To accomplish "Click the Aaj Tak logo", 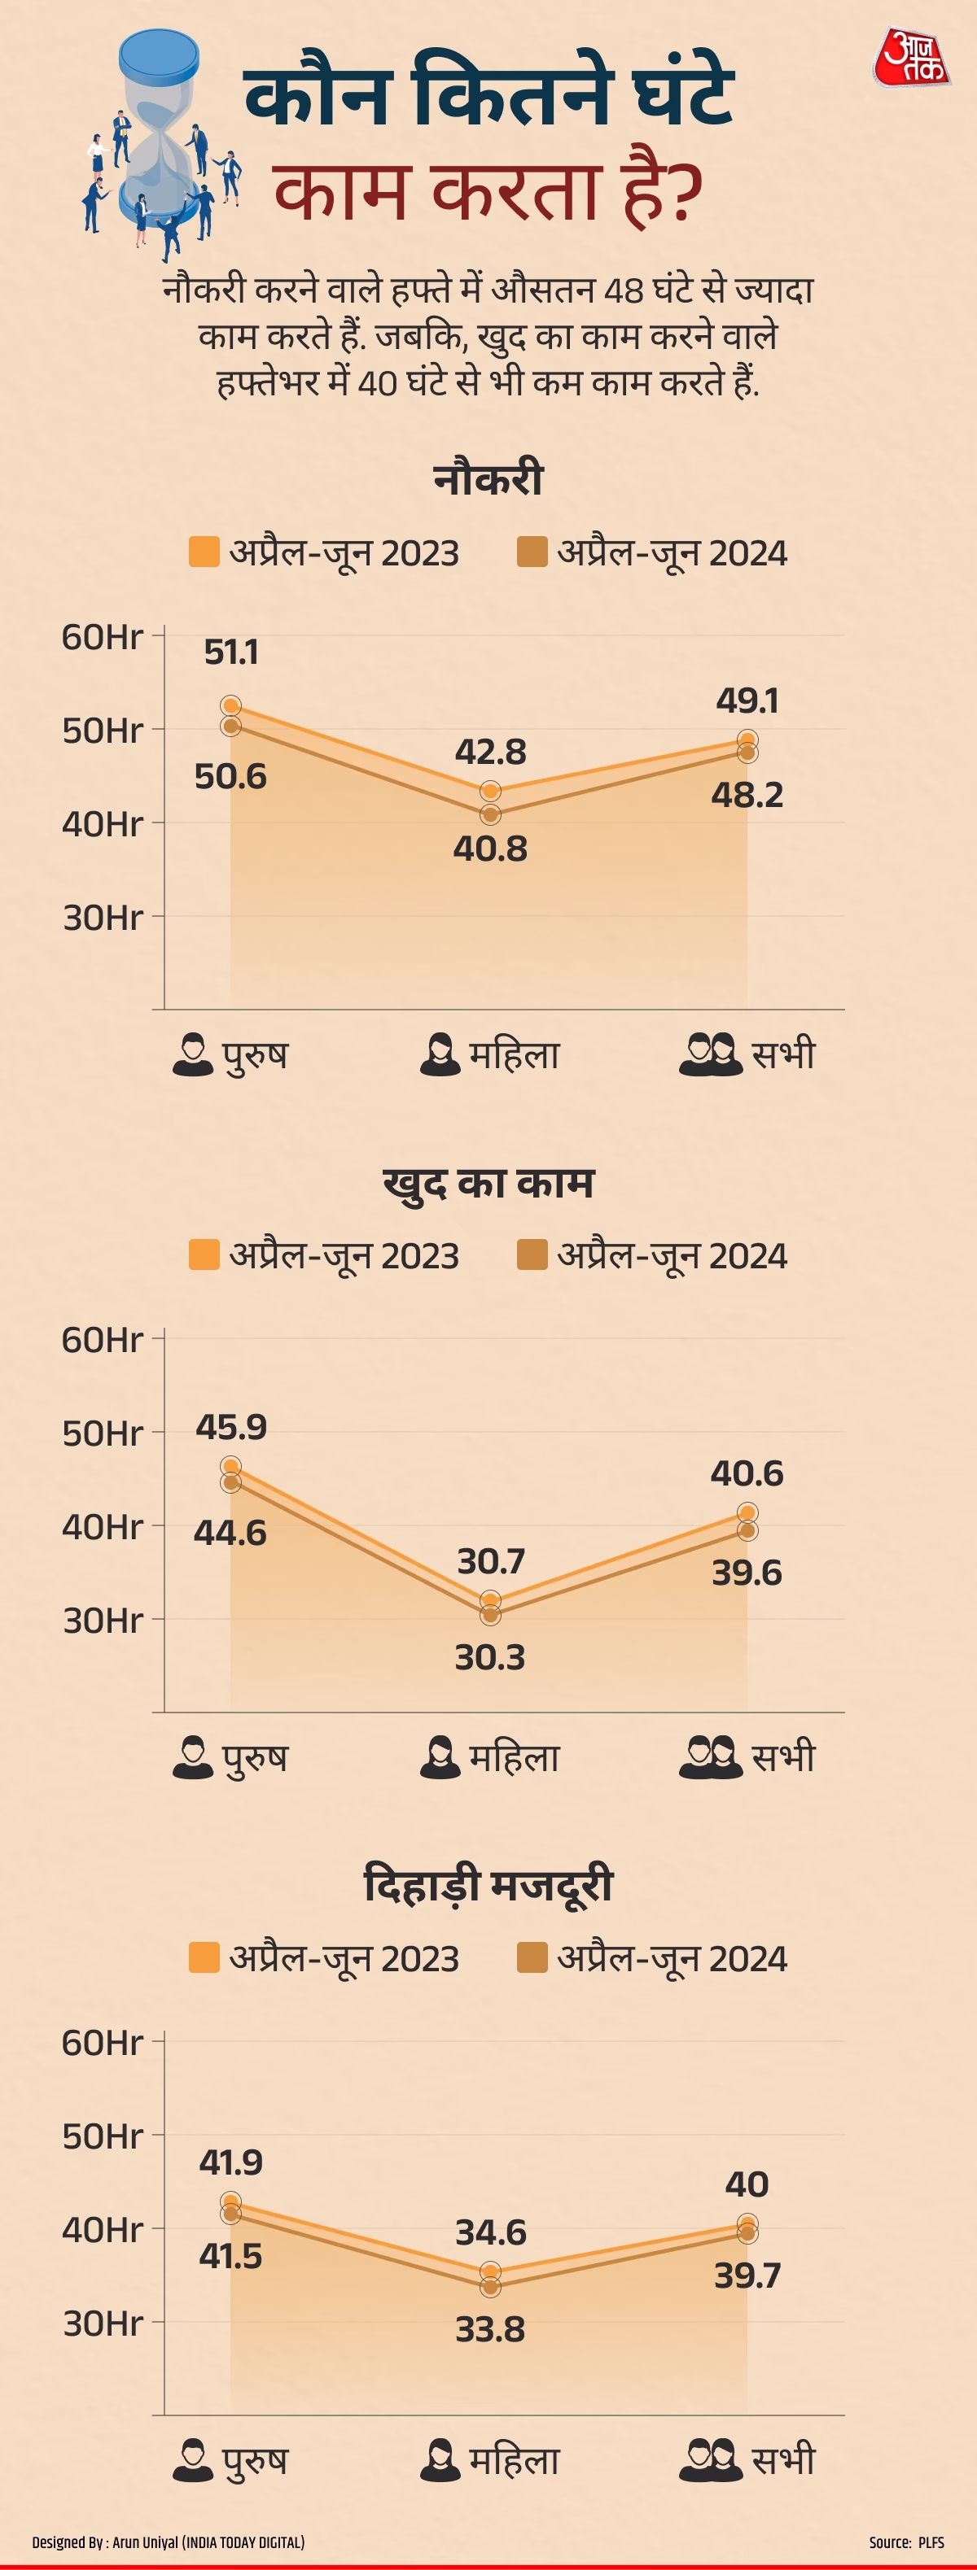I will click(910, 58).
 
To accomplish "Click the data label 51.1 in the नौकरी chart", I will click(231, 652).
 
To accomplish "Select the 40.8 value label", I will click(490, 849).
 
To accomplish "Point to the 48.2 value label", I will click(747, 795).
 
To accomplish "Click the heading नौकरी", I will click(488, 479).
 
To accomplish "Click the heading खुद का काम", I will click(488, 1182).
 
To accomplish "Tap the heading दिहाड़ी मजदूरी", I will click(488, 1886).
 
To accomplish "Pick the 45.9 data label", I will click(231, 1427).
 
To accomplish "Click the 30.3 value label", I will click(490, 1657).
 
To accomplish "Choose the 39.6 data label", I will click(747, 1573).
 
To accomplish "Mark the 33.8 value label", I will click(490, 2328).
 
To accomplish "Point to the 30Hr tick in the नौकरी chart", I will click(103, 917).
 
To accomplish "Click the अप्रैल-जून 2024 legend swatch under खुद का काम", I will click(532, 1255).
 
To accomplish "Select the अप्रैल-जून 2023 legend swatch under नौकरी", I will click(204, 552).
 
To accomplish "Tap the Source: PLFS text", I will click(906, 2542).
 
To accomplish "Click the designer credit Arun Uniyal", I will click(168, 2542).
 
